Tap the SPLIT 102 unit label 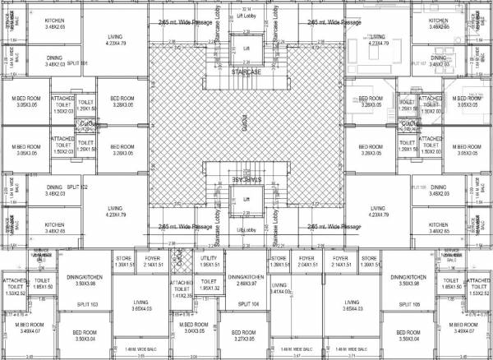click(x=77, y=187)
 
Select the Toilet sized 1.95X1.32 click(x=208, y=285)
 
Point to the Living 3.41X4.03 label click(x=280, y=288)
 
